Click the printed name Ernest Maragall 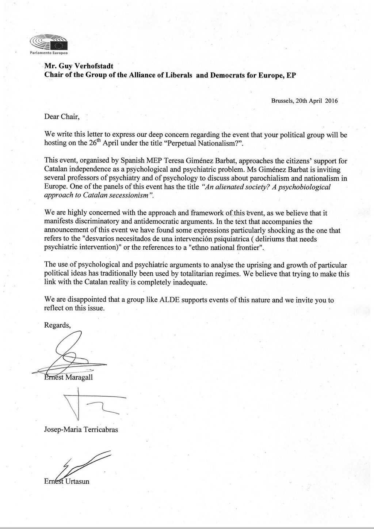point(68,377)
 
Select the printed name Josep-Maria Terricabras point(81,430)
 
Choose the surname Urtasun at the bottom point(77,481)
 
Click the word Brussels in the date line point(282,101)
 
